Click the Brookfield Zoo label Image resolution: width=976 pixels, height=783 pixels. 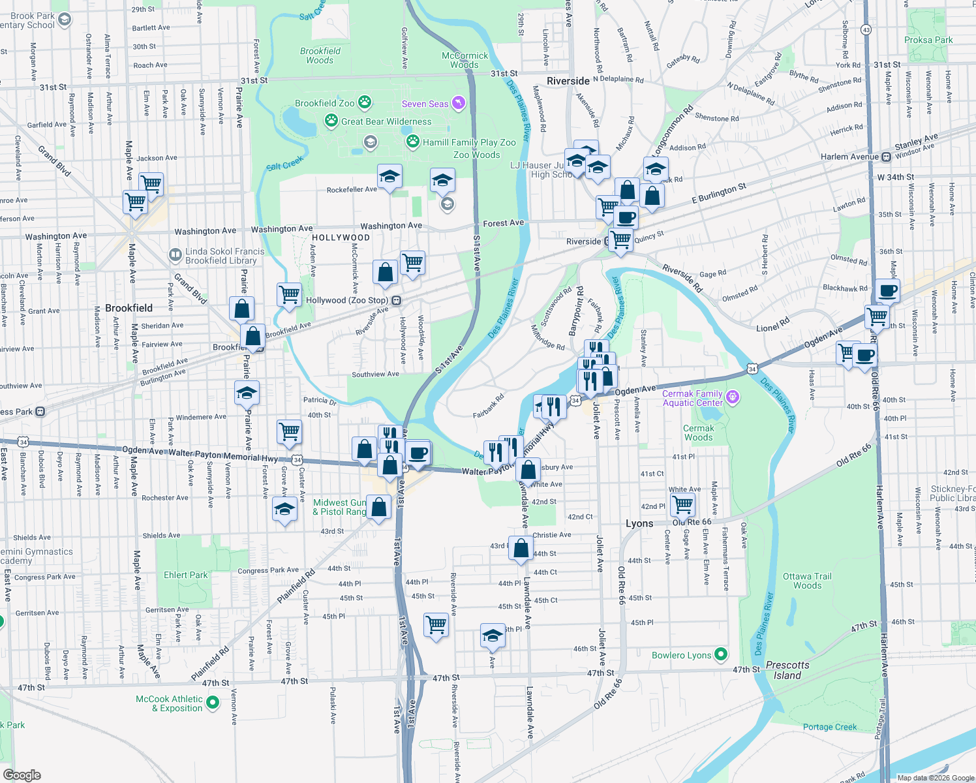324,103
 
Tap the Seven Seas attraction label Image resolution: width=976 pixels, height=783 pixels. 425,104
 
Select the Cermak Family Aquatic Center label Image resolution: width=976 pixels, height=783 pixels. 692,398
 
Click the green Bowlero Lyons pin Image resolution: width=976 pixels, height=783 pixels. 721,654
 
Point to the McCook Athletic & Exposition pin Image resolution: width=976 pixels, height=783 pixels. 213,703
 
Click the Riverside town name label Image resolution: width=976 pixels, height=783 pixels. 568,81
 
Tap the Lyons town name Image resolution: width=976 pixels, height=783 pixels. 639,523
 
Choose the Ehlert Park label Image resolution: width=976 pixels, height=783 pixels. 185,575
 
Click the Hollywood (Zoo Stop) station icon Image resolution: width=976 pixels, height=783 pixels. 396,301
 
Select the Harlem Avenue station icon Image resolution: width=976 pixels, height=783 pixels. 886,157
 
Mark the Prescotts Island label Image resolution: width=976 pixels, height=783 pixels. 787,670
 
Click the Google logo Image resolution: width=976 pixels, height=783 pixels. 22,775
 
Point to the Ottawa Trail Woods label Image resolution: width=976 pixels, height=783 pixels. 807,581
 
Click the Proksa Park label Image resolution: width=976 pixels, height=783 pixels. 928,40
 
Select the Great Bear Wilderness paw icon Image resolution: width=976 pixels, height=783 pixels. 331,121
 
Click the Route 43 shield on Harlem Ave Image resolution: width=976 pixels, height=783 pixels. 866,29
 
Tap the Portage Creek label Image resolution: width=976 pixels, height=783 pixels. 830,727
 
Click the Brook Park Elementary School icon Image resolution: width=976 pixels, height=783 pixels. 65,20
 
